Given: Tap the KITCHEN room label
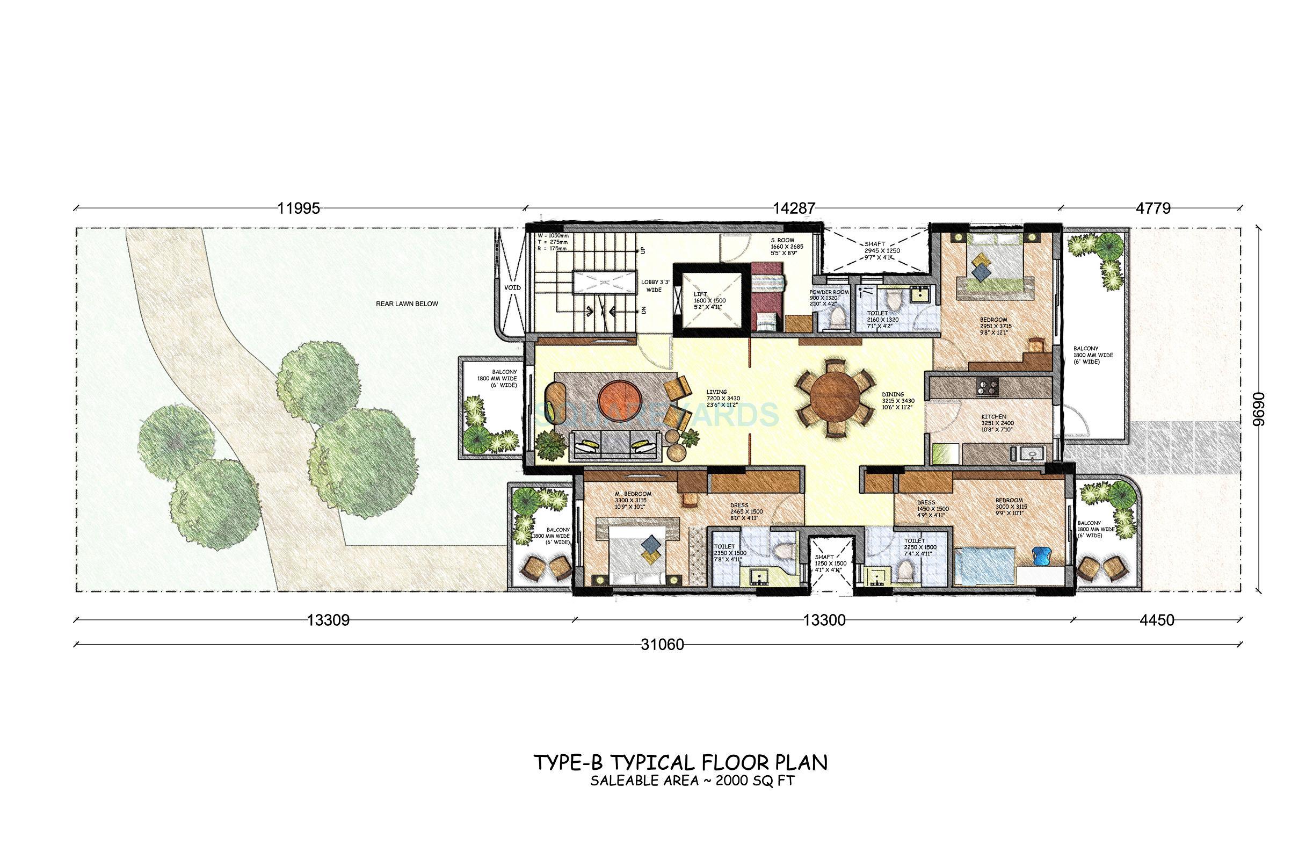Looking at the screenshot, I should (993, 417).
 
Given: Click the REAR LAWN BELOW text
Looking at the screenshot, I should (407, 304).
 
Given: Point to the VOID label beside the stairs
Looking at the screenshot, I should (512, 287).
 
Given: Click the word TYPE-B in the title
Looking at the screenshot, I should (566, 778).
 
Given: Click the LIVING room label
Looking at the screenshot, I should (716, 392).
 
